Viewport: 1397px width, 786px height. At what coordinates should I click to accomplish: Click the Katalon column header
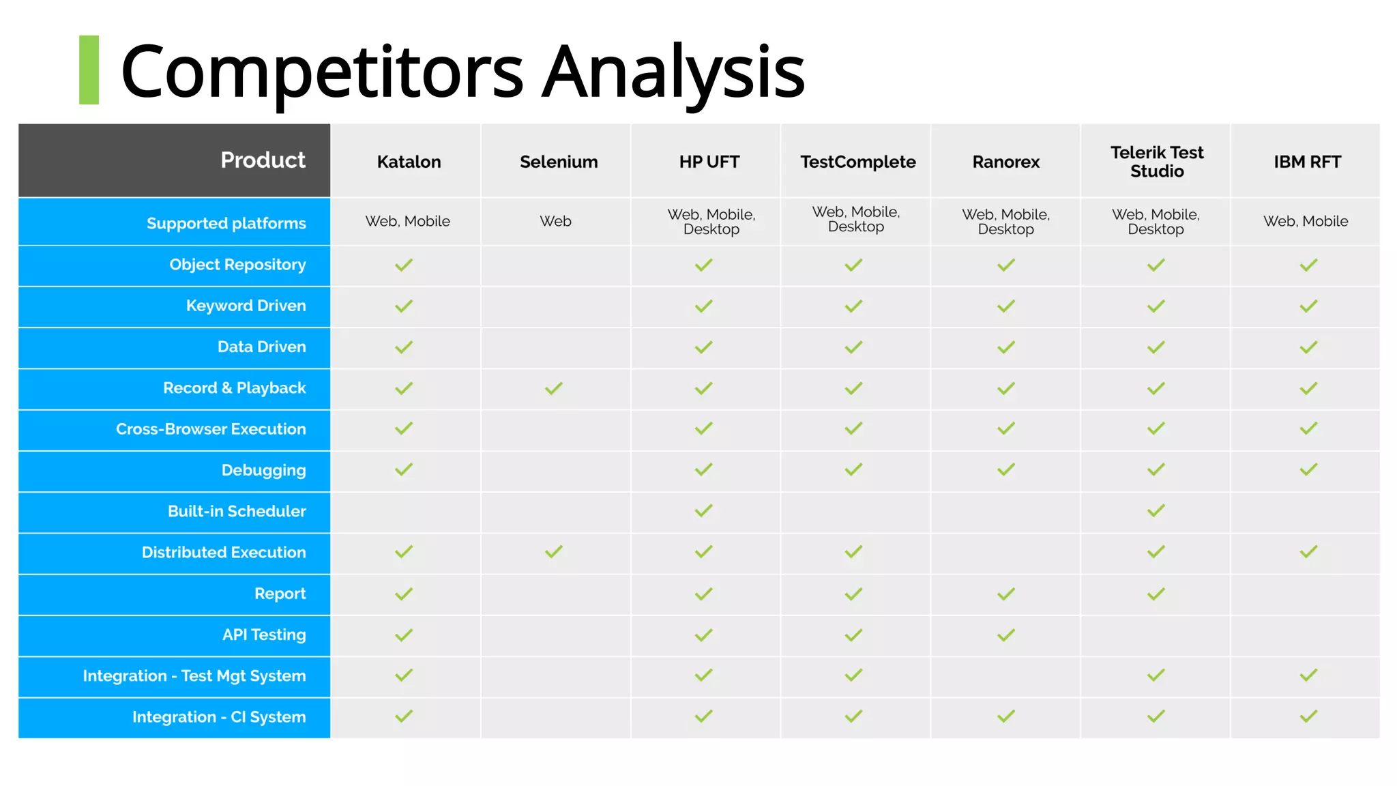[x=409, y=162]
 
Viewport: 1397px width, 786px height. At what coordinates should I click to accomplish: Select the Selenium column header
[x=559, y=162]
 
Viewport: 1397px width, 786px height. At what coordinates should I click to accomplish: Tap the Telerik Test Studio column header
[x=1157, y=162]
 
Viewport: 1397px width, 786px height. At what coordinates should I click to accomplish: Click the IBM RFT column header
[x=1307, y=162]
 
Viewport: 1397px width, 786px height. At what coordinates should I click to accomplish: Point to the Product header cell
[x=263, y=160]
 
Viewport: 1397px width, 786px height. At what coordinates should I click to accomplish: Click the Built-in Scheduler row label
[x=237, y=511]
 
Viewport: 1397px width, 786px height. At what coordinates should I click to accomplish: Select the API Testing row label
[x=264, y=635]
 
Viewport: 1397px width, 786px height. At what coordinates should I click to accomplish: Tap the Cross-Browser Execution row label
[x=211, y=429]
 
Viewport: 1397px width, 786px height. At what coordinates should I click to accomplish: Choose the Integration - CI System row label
[x=219, y=717]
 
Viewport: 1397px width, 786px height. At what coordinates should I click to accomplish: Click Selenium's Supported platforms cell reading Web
[x=555, y=221]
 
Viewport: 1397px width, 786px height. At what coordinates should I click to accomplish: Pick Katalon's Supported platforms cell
[x=407, y=221]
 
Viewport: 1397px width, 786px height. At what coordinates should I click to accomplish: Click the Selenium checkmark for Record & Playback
[x=554, y=388]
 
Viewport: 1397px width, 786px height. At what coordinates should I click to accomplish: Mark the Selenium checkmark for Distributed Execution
[x=554, y=551]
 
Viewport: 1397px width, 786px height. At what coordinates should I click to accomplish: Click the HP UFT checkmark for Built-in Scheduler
[x=704, y=510]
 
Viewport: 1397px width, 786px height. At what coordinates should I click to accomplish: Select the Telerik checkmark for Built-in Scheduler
[x=1156, y=510]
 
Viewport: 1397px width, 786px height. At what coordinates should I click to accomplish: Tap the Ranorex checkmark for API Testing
[x=1006, y=635]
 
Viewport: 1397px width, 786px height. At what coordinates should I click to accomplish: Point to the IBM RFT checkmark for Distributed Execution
[x=1308, y=551]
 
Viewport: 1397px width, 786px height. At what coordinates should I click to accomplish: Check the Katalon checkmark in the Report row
[x=404, y=594]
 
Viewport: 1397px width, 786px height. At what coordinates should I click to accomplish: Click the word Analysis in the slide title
[x=673, y=72]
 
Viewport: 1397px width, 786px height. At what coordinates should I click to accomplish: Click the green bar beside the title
[x=89, y=70]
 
